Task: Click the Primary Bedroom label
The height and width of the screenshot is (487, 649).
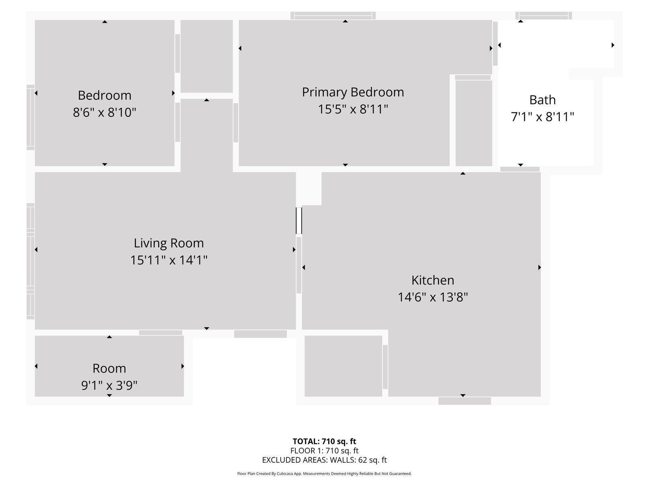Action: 353,92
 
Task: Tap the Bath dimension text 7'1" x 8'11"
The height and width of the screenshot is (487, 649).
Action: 542,117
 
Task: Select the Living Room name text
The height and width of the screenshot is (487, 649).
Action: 169,243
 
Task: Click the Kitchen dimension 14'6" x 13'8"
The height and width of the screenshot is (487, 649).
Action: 433,297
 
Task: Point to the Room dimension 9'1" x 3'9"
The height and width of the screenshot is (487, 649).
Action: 109,385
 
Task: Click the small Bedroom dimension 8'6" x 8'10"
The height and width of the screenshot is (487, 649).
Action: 105,112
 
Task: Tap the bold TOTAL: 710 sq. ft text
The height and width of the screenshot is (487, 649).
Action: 324,441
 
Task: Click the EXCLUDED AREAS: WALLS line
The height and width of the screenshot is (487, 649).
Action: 324,460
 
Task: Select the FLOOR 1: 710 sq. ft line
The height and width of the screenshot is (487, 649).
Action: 324,450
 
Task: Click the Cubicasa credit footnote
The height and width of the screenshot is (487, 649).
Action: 324,474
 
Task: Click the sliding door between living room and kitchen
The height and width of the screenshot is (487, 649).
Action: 299,221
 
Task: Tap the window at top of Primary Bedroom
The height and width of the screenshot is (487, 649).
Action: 333,15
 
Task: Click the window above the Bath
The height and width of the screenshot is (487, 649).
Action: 544,15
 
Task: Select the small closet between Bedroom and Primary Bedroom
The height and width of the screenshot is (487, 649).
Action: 206,56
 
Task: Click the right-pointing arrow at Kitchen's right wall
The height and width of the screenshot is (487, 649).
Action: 539,267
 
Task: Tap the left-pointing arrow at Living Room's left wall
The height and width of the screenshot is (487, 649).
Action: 36,250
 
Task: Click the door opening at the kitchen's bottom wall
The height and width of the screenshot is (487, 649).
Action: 464,401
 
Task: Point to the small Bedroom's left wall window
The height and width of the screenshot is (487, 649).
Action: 30,117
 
